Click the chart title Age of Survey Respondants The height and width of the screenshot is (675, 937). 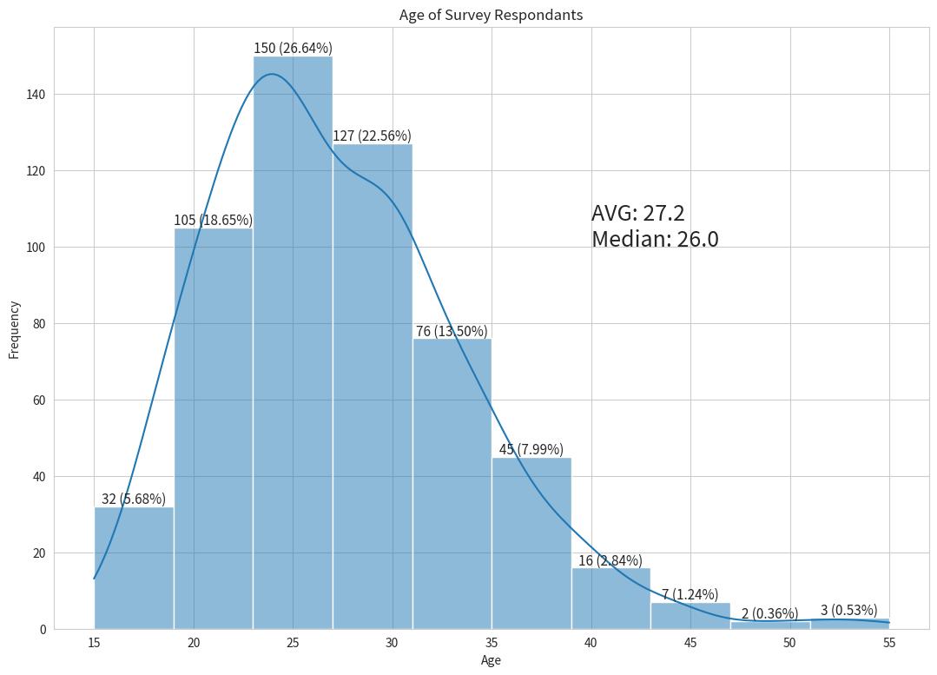point(491,15)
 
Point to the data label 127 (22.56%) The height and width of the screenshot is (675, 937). point(372,136)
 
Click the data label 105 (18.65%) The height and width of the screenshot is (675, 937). point(213,220)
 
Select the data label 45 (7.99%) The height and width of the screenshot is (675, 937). point(531,449)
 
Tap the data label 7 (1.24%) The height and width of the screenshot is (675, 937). point(690,594)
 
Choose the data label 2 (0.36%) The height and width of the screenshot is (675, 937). point(769,613)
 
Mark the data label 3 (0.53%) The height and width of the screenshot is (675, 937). point(848,610)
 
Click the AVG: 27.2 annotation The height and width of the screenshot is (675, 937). point(638,214)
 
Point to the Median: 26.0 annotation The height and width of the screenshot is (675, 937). point(655,239)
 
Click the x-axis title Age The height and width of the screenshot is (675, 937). point(491,660)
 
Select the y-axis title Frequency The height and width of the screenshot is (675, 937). point(14,329)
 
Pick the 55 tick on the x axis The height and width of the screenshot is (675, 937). point(889,643)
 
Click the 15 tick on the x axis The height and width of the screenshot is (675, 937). point(94,643)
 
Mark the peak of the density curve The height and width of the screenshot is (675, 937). point(272,74)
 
